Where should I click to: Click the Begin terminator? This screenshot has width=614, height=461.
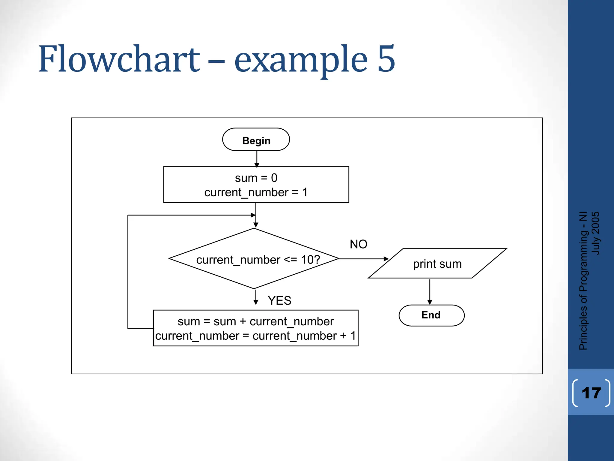click(x=256, y=140)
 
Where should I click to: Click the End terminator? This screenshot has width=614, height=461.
click(x=431, y=315)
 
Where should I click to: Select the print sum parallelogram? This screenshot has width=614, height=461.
click(x=437, y=264)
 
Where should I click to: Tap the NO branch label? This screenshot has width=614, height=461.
click(x=358, y=244)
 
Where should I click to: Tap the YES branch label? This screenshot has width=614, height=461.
click(x=279, y=300)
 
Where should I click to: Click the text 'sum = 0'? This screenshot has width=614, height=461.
click(x=256, y=178)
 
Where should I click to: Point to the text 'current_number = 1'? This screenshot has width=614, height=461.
click(x=256, y=192)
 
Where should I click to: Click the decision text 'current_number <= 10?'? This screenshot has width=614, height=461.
click(x=258, y=260)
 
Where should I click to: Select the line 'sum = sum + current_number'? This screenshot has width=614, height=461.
click(x=255, y=321)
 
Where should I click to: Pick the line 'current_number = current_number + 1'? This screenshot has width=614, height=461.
click(x=255, y=336)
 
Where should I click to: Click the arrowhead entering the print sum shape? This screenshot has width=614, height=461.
click(x=386, y=259)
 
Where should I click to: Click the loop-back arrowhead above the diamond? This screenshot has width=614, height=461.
click(x=253, y=215)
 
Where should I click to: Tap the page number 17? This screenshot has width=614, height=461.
click(x=591, y=393)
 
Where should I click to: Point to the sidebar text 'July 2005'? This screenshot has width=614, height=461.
click(x=595, y=233)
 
